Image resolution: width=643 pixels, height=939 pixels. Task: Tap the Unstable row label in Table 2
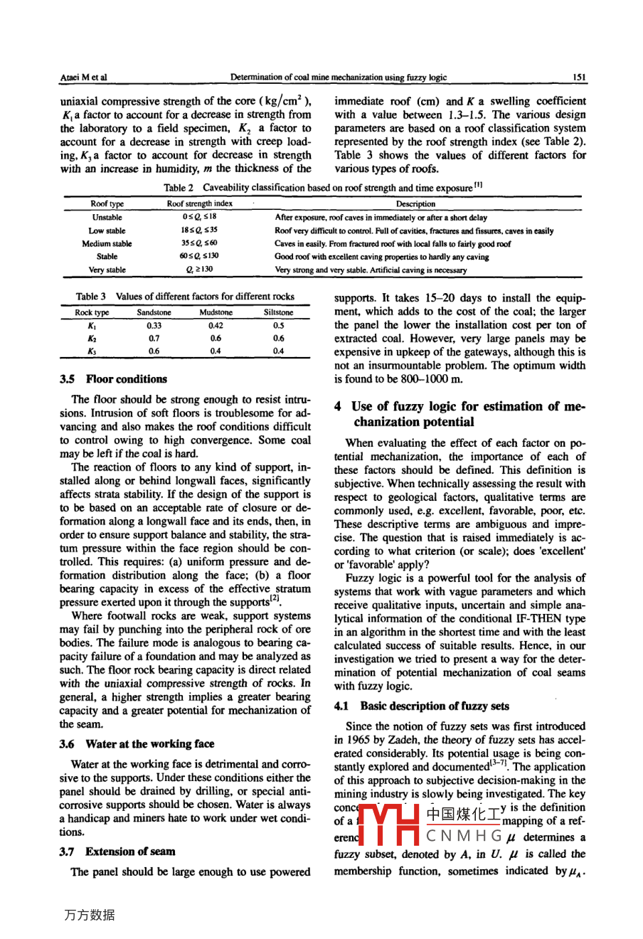pos(107,218)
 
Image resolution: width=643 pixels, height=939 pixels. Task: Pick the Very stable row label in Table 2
pos(107,270)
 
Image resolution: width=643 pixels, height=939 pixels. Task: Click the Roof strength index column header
pos(200,204)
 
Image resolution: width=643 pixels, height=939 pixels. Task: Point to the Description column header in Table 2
pos(415,204)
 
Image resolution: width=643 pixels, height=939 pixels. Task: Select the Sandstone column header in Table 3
pos(154,312)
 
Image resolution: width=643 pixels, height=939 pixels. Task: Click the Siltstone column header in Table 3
pos(278,312)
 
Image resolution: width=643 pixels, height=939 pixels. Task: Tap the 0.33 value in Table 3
pos(154,326)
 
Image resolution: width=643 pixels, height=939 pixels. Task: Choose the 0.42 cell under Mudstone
pos(216,326)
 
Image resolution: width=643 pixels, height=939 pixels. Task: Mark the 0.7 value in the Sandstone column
pos(154,339)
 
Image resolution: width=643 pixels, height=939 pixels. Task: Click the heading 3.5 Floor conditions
pos(114,379)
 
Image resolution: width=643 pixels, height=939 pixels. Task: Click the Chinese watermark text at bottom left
pos(89,916)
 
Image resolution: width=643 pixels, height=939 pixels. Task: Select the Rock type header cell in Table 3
pos(92,312)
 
